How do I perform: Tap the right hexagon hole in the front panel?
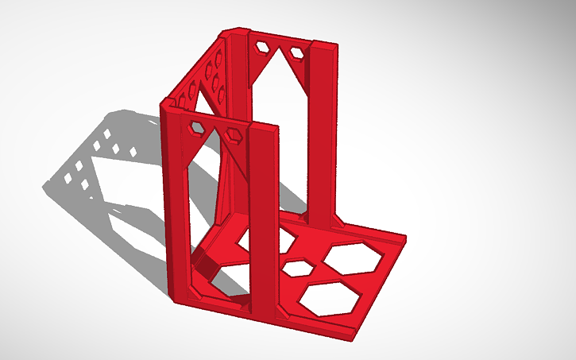tap(234, 135)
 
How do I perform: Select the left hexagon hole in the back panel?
tap(261, 47)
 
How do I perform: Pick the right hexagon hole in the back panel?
tap(297, 52)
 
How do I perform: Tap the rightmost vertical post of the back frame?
tap(326, 127)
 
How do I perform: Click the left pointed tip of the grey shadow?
tap(44, 188)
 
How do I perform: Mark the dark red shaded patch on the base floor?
tap(205, 264)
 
